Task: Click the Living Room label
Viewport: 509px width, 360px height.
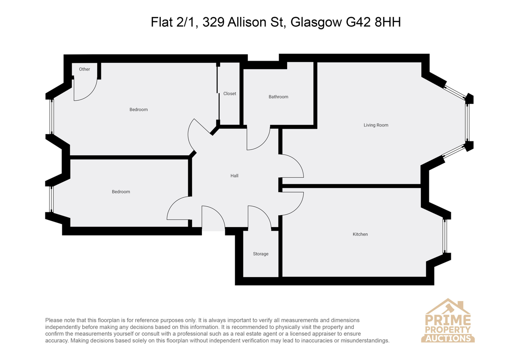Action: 376,125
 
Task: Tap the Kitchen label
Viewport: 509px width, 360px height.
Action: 360,234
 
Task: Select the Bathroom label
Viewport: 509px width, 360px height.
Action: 278,97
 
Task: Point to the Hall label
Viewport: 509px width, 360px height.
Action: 235,176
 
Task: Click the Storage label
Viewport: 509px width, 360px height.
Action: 260,254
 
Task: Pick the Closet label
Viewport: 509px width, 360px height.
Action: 230,93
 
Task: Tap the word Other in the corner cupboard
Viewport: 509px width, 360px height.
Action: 84,69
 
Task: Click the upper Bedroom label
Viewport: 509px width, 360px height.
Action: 139,110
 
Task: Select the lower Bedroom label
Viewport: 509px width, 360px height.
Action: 121,192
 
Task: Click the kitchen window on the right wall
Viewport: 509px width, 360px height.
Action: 445,236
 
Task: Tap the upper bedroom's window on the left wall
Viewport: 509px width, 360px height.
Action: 52,117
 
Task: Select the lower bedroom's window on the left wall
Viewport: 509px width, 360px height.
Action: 51,199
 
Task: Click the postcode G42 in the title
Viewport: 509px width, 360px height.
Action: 358,22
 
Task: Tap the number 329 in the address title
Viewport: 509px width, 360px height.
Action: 213,22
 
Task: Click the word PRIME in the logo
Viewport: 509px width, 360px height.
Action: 448,320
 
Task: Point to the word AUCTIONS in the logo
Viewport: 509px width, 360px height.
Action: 448,338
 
